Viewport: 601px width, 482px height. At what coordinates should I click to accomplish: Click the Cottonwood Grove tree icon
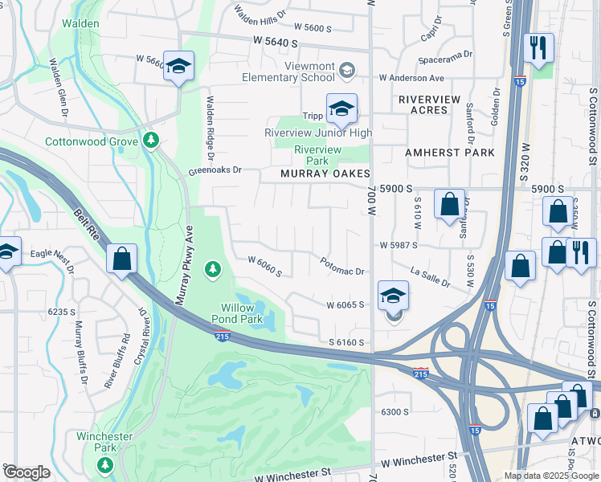pyautogui.click(x=150, y=141)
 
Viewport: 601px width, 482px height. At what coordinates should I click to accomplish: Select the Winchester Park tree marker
pyautogui.click(x=104, y=464)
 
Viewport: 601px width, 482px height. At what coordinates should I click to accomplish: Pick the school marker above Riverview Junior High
pyautogui.click(x=341, y=108)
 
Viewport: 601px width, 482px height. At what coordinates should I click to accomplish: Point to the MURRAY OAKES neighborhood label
pyautogui.click(x=325, y=174)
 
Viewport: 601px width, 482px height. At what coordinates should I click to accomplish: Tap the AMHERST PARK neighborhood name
pyautogui.click(x=449, y=153)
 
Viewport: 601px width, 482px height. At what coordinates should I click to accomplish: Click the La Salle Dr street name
pyautogui.click(x=431, y=279)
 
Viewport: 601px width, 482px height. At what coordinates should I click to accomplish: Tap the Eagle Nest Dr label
pyautogui.click(x=53, y=258)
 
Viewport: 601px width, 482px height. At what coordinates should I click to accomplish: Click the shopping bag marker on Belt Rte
pyautogui.click(x=121, y=259)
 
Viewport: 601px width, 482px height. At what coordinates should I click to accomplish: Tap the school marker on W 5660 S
pyautogui.click(x=178, y=66)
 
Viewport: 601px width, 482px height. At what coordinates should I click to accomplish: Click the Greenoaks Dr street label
pyautogui.click(x=215, y=170)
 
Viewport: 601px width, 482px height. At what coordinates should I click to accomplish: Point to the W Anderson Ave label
pyautogui.click(x=412, y=78)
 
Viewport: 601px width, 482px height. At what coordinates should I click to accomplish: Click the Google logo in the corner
pyautogui.click(x=27, y=472)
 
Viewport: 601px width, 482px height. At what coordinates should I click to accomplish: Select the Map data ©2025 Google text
pyautogui.click(x=552, y=476)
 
